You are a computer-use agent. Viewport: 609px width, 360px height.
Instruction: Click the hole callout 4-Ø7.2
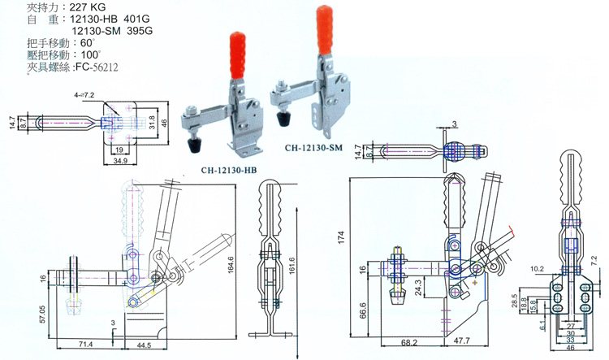[x=85, y=96]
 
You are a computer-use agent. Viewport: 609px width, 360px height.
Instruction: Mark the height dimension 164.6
[x=230, y=264]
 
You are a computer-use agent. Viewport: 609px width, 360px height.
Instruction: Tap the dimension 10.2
[x=537, y=267]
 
